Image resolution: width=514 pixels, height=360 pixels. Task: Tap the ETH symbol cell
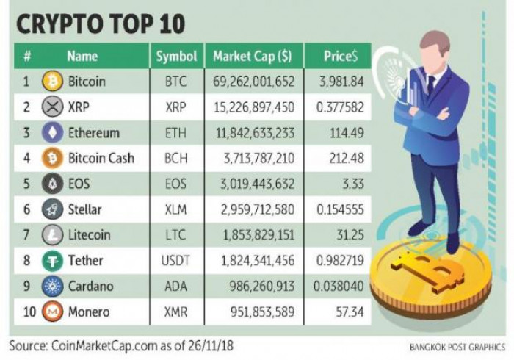(x=176, y=133)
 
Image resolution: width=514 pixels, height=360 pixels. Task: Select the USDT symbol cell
(x=176, y=260)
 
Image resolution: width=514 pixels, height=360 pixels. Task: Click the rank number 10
(x=29, y=312)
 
